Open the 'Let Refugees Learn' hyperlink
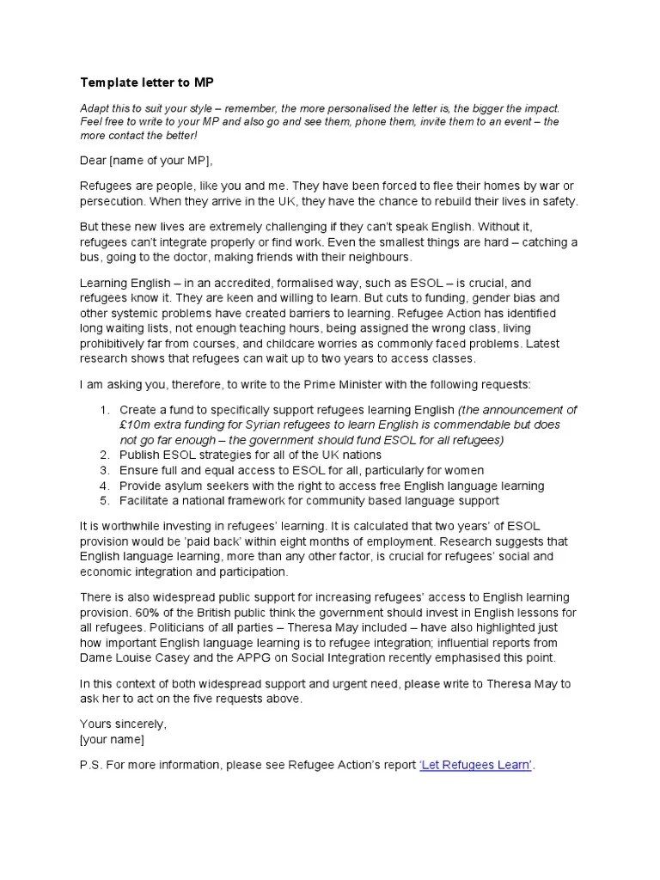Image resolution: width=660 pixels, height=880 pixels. [476, 766]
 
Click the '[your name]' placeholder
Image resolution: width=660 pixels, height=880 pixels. [112, 739]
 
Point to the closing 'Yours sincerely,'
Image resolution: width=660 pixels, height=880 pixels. [123, 724]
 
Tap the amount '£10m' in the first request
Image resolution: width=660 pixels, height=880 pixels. [135, 425]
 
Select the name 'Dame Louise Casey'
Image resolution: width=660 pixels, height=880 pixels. [134, 658]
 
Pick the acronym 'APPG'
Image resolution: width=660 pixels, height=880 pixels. [263, 658]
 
